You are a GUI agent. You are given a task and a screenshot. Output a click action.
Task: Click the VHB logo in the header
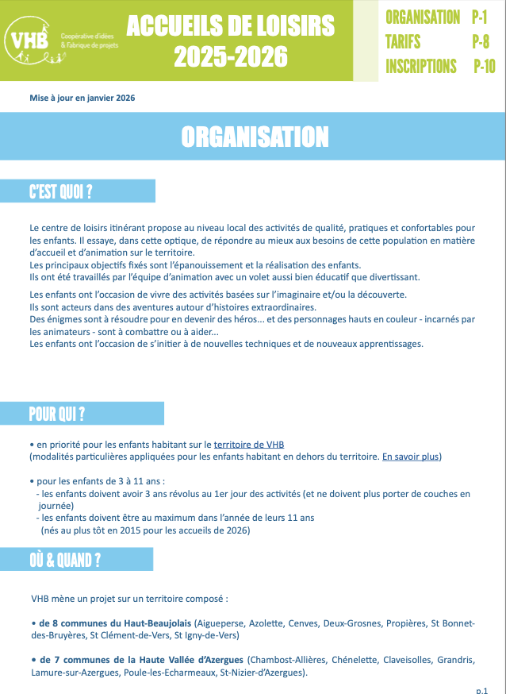pyautogui.click(x=27, y=37)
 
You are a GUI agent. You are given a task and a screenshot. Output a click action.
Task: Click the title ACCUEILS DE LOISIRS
pyautogui.click(x=230, y=26)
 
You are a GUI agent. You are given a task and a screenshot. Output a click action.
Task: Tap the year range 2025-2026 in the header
pyautogui.click(x=230, y=56)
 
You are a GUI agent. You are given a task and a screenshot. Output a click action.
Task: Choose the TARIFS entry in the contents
pyautogui.click(x=403, y=41)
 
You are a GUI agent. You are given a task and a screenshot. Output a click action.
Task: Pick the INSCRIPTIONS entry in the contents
pyautogui.click(x=421, y=66)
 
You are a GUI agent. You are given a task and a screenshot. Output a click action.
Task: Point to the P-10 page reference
pyautogui.click(x=484, y=66)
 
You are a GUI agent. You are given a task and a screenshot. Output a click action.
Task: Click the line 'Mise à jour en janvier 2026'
pyautogui.click(x=82, y=98)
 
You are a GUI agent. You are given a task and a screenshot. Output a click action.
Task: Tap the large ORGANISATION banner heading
pyautogui.click(x=254, y=137)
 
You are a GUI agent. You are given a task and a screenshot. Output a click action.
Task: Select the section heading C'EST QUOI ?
pyautogui.click(x=61, y=191)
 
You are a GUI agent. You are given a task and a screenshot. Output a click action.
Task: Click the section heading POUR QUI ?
pyautogui.click(x=57, y=414)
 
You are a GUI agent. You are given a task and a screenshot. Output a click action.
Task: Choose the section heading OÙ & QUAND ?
pyautogui.click(x=65, y=560)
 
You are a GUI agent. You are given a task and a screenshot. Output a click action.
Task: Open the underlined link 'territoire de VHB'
pyautogui.click(x=249, y=445)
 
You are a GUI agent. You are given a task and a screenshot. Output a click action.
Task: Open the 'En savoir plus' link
pyautogui.click(x=411, y=457)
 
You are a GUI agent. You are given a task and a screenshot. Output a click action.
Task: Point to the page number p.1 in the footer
pyautogui.click(x=481, y=690)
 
